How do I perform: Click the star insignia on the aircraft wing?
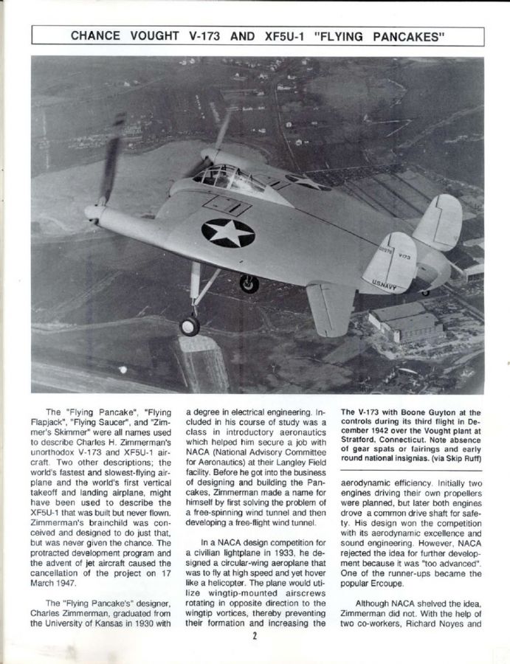tap(228, 232)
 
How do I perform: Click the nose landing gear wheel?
tap(190, 325)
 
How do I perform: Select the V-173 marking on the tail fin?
tap(404, 256)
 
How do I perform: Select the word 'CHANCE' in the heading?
tap(97, 35)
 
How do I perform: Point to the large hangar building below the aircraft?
tap(402, 322)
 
